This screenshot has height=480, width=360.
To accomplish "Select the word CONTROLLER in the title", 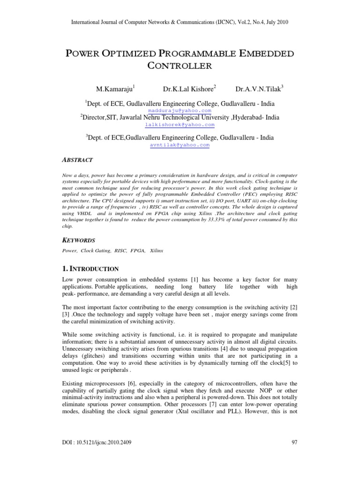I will coord(180,65).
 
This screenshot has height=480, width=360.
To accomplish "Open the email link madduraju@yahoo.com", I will coord(180,110).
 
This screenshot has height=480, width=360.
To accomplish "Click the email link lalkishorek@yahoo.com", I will coord(180,125).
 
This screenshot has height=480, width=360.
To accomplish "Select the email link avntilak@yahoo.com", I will coord(180,145).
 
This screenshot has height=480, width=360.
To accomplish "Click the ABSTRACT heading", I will coord(78,160).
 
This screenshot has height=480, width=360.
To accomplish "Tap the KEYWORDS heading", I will coord(79,240).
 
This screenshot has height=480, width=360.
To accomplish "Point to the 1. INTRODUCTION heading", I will coord(90,269).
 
